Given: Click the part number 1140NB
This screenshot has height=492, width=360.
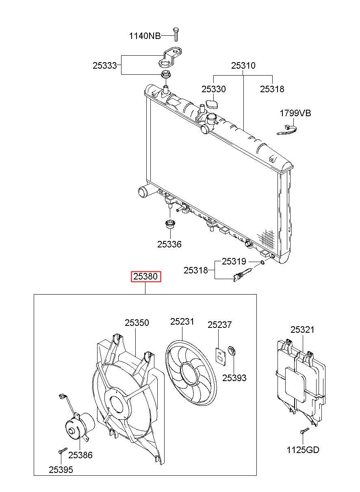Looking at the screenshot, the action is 145,36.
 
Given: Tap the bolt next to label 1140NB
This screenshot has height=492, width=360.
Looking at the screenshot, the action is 176,35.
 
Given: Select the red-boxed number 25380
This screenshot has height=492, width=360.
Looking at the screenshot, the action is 146,277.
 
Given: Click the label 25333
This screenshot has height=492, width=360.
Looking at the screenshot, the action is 104,65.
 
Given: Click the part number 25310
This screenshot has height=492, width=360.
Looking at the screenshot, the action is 243,65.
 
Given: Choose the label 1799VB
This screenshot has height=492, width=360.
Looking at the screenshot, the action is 295,113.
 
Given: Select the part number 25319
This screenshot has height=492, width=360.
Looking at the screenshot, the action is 234,262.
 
